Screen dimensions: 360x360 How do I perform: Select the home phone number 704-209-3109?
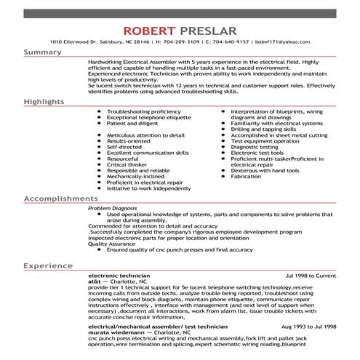click(158, 44)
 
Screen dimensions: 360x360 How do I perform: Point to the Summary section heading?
click(43, 52)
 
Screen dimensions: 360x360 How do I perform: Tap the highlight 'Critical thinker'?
click(129, 164)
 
